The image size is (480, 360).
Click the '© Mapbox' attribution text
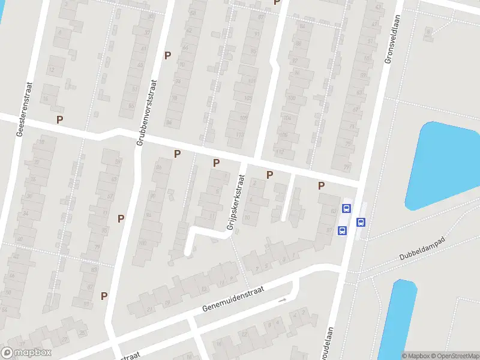pyautogui.click(x=415, y=356)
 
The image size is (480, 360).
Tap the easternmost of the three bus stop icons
pyautogui.click(x=361, y=221)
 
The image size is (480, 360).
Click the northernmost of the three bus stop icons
pyautogui.click(x=346, y=209)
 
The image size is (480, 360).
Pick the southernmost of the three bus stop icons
pyautogui.click(x=342, y=230)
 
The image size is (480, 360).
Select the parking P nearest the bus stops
pyautogui.click(x=322, y=186)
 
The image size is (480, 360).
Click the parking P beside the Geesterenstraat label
pyautogui.click(x=59, y=119)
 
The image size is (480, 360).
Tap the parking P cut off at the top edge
pyautogui.click(x=277, y=2)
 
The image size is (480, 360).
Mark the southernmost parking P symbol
pyautogui.click(x=104, y=296)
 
